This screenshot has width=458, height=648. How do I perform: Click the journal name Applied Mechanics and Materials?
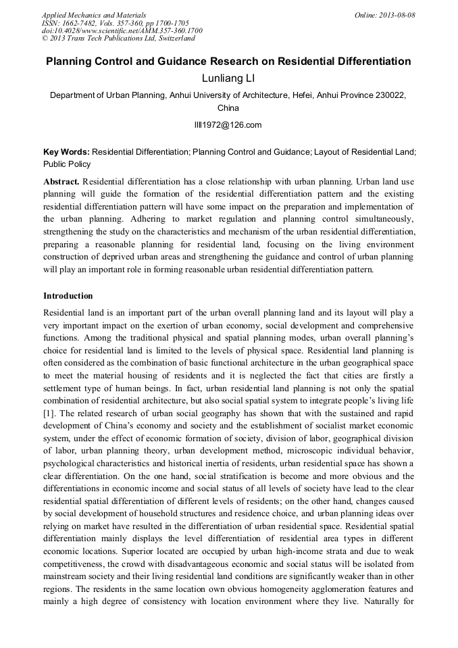click(x=94, y=14)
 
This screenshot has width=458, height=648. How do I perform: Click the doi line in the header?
click(x=122, y=30)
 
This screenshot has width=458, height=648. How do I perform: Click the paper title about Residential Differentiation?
click(x=228, y=61)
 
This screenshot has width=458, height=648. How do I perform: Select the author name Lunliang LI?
click(x=228, y=79)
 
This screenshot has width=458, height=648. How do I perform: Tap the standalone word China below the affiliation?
click(x=228, y=107)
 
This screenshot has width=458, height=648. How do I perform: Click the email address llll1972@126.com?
click(x=228, y=125)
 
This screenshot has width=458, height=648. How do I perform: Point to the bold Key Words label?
click(x=66, y=153)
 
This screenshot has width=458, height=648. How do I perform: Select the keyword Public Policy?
click(x=67, y=164)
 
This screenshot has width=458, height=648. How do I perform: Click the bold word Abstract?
click(x=61, y=182)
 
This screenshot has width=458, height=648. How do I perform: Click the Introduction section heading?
click(x=68, y=296)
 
